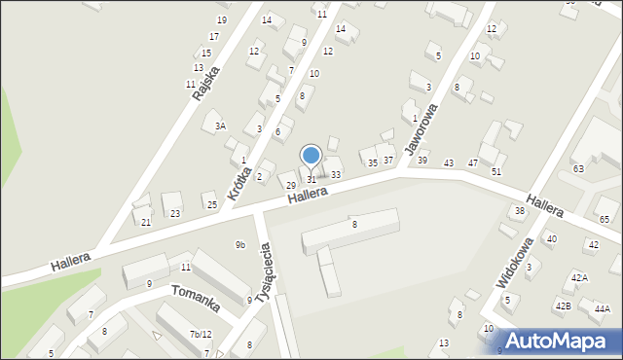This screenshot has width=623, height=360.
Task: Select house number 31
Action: [311, 179]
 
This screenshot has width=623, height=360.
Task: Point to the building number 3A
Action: [221, 126]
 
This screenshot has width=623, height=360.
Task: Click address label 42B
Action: [563, 306]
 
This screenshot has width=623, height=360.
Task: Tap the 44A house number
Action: [602, 309]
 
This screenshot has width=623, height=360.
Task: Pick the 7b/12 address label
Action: [200, 334]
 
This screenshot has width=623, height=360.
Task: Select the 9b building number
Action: [239, 244]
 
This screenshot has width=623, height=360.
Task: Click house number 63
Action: [577, 169]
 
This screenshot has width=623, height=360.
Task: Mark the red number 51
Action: [496, 171]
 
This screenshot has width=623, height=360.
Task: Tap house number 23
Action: [175, 213]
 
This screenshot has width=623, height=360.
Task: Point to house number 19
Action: [222, 20]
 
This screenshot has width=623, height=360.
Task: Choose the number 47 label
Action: [473, 162]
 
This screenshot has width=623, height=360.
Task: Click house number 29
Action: [290, 185]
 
